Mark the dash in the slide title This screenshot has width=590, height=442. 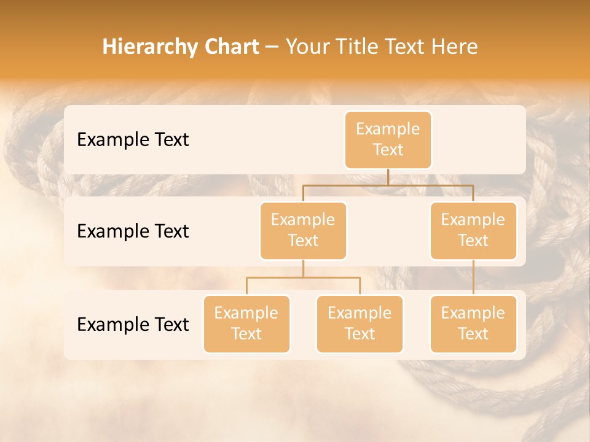(x=272, y=47)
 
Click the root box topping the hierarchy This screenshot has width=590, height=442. (x=388, y=139)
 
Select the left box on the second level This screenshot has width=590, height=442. (x=303, y=230)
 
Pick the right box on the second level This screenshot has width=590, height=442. (x=473, y=230)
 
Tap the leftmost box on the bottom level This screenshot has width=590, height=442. (x=246, y=324)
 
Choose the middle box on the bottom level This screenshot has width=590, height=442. (x=360, y=324)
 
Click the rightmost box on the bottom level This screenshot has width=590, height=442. (x=473, y=324)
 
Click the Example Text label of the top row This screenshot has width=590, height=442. (x=133, y=139)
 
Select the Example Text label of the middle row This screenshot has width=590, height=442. (x=133, y=231)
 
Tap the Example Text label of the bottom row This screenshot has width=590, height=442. (x=133, y=324)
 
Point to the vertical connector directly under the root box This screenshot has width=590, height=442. (x=388, y=176)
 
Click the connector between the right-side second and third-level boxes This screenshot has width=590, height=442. (x=473, y=277)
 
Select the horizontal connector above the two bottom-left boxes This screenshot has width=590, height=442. (x=303, y=277)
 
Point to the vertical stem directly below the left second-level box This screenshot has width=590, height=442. (x=303, y=268)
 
